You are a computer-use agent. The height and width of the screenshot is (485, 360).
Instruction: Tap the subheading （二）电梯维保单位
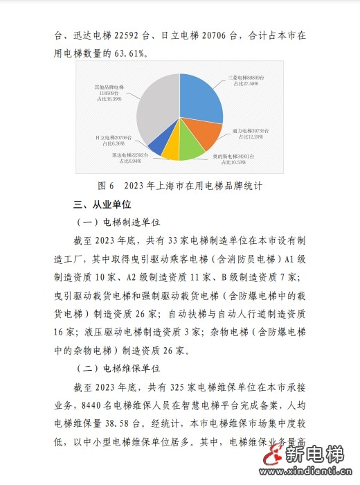click(118, 368)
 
